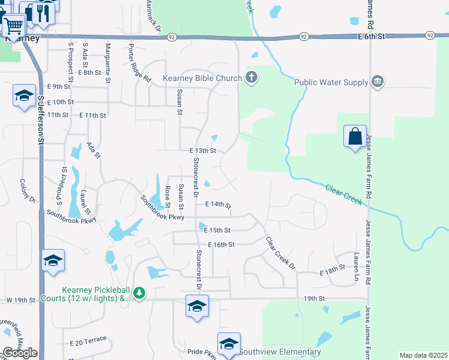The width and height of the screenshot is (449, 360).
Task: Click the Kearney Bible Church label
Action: point(202,78)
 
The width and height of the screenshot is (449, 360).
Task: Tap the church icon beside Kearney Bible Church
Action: point(252,77)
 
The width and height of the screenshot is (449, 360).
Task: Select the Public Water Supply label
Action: point(331,82)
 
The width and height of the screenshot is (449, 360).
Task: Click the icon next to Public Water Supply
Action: point(377,82)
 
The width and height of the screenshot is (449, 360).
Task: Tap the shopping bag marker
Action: point(355,136)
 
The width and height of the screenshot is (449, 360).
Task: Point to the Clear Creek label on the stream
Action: point(344,194)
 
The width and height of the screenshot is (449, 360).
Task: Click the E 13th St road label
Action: point(202,151)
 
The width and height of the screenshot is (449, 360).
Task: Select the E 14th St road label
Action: point(218,205)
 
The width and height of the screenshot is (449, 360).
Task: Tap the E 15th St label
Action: point(217,230)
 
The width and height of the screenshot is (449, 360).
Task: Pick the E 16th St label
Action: point(221,245)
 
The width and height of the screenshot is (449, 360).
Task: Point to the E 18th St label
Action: point(333,271)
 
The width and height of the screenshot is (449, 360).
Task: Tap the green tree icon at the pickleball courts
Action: point(139,293)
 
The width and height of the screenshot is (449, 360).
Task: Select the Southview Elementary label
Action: point(280,352)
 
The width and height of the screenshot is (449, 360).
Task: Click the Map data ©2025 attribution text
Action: point(423,355)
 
